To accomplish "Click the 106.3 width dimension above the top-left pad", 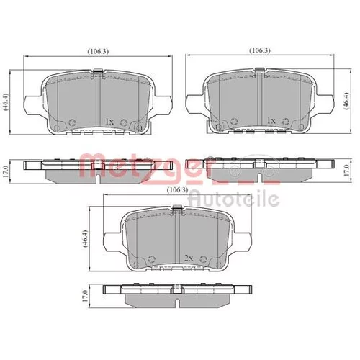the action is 98,51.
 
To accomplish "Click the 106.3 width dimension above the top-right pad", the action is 260,50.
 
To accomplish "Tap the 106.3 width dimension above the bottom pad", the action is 177,189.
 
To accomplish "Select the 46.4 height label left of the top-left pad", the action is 6,102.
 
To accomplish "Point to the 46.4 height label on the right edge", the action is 346,101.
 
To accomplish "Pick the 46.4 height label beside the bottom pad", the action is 85,238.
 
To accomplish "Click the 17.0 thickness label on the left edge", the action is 6,171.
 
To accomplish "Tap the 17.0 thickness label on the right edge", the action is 346,171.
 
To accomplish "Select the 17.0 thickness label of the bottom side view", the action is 84,296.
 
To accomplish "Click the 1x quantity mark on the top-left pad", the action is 109,122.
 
